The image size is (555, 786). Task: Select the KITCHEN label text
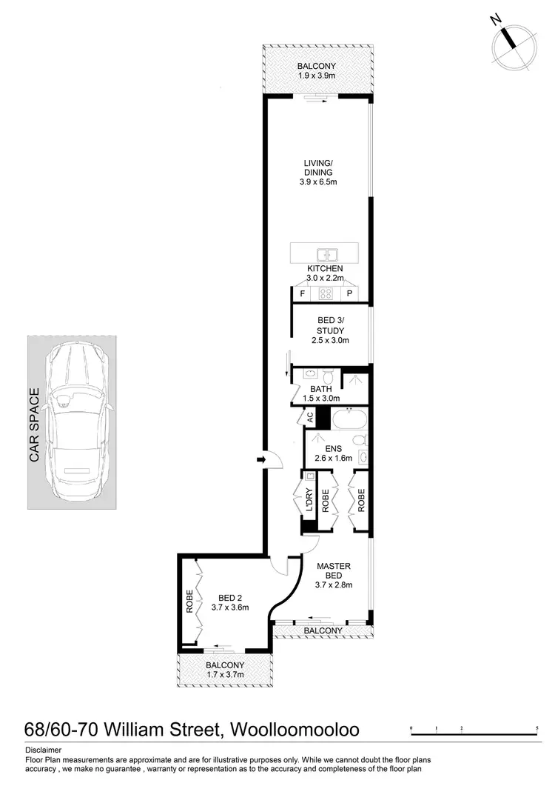[325, 268]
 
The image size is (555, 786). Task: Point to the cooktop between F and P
[326, 294]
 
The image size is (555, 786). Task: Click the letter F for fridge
[301, 294]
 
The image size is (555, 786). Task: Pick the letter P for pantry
[349, 294]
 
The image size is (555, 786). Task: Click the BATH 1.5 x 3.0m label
[320, 393]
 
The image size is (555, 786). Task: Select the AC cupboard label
[310, 418]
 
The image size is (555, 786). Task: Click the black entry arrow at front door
[260, 461]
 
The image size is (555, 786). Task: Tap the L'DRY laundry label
[309, 501]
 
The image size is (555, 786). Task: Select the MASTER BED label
[334, 572]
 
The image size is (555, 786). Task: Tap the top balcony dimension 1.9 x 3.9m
[317, 76]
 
